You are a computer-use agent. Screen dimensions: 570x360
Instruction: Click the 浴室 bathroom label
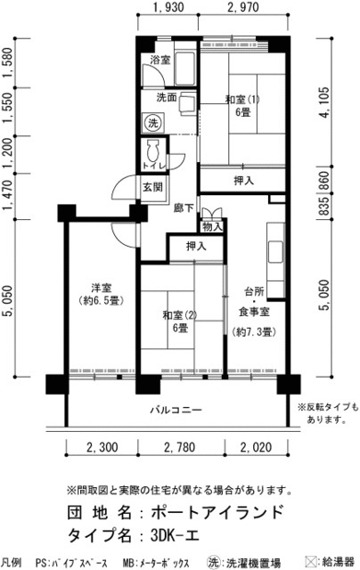point(160,61)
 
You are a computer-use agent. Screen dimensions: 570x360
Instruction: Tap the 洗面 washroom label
point(167,97)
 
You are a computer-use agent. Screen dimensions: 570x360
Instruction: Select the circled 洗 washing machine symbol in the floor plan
point(152,121)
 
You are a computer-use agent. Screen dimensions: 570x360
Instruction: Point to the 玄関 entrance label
point(152,187)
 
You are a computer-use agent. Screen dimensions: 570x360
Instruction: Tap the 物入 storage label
point(212,226)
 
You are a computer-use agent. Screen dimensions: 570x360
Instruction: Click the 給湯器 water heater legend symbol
point(311,563)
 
